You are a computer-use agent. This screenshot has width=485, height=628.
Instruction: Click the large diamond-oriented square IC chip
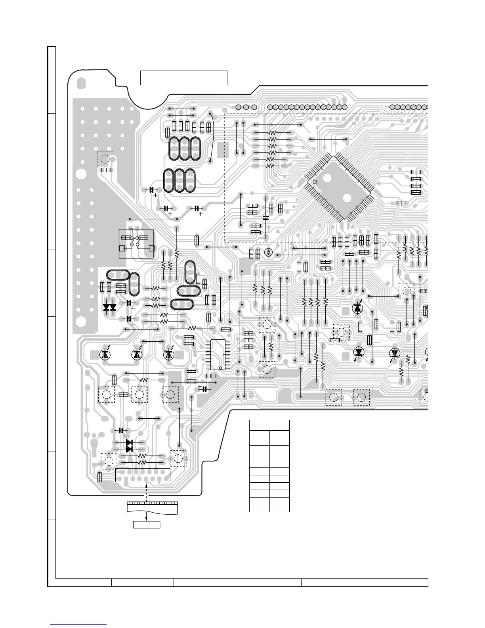[340, 187]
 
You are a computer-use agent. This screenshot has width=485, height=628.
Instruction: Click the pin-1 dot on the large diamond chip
[315, 182]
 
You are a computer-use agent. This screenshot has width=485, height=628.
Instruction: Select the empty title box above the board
[184, 78]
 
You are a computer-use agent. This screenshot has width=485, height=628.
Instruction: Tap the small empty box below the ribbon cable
[147, 525]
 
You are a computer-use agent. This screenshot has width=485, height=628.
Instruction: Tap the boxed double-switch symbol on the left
[136, 243]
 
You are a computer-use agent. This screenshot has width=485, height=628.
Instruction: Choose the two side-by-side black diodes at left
[109, 307]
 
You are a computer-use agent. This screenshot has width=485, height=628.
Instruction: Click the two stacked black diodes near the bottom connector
[130, 446]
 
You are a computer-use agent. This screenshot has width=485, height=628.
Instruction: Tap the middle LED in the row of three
[137, 354]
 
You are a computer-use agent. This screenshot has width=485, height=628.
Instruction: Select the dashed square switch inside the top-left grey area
[105, 159]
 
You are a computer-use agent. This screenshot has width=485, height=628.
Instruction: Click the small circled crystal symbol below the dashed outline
[268, 253]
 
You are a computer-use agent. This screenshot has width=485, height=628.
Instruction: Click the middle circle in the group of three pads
[246, 107]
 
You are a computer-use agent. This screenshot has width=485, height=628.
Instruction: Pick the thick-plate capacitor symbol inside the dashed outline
[265, 217]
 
